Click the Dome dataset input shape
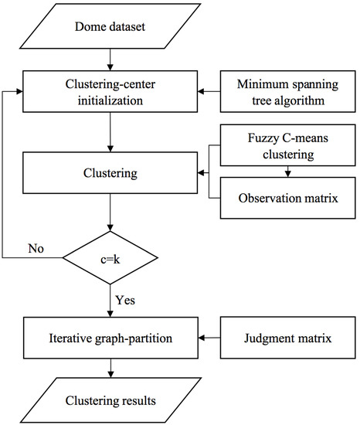click(113, 29)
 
